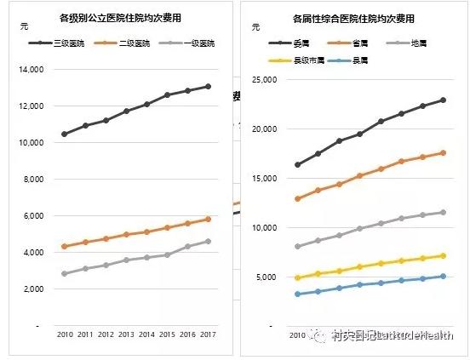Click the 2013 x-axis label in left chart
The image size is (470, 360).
tap(126, 334)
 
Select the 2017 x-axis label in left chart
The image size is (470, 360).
tap(208, 334)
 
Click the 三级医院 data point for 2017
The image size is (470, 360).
tap(208, 86)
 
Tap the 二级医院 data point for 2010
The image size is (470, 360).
tap(65, 247)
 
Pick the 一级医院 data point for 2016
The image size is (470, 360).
tap(187, 247)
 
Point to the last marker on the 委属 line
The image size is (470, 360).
tap(443, 100)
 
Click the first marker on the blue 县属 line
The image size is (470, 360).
tap(297, 294)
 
